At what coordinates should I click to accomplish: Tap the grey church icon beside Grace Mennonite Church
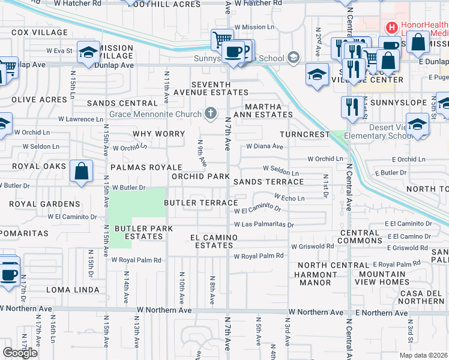[210, 113]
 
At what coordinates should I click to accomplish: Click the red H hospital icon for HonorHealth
[391, 27]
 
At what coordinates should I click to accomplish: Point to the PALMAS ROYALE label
[145, 167]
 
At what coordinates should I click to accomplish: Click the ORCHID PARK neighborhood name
[200, 177]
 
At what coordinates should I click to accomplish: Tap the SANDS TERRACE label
[268, 182]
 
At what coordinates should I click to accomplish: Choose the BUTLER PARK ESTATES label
[144, 232]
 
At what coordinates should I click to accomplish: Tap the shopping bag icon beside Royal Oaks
[82, 171]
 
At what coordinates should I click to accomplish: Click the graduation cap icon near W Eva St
[89, 53]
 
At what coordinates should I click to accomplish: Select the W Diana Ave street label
[264, 146]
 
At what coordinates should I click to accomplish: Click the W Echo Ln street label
[289, 197]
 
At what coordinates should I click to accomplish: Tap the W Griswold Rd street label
[312, 246]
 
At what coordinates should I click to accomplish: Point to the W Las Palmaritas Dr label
[264, 225]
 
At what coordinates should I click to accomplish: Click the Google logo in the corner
[20, 353]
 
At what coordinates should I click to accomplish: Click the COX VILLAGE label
[39, 32]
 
